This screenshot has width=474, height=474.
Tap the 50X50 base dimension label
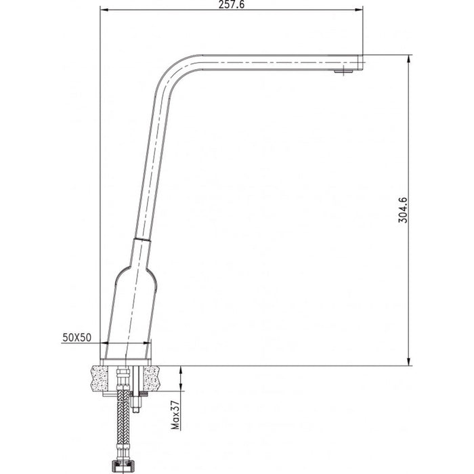coord(78,336)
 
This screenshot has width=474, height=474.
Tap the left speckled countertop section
coord(101,377)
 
